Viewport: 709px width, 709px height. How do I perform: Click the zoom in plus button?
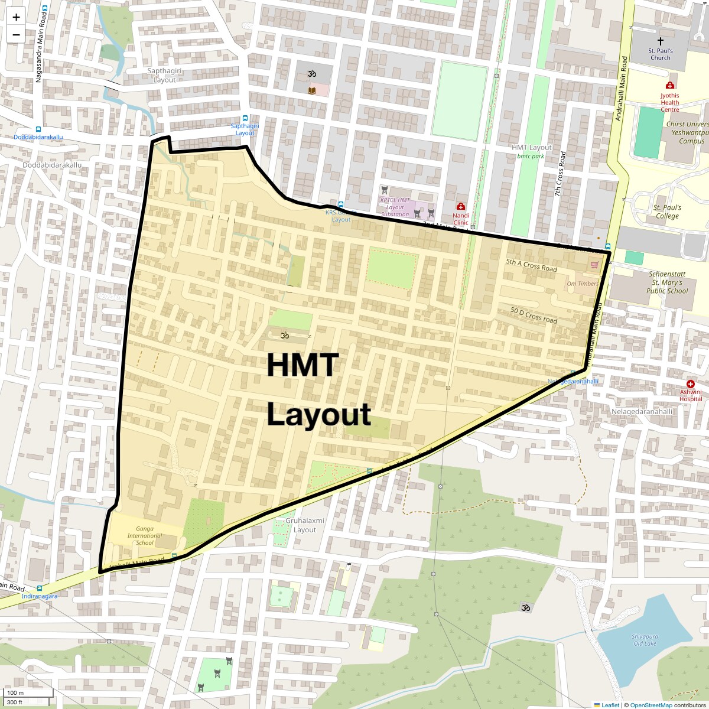16,17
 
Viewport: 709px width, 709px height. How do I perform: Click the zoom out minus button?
16,34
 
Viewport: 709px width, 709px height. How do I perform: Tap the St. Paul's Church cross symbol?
660,41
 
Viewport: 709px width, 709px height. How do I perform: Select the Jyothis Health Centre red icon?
670,85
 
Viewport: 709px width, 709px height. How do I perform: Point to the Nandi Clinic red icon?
460,207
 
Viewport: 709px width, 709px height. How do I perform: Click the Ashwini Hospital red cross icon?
690,384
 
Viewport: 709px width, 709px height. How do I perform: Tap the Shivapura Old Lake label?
645,640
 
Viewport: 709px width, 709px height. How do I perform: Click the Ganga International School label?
145,535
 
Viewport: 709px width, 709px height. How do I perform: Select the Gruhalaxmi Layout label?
305,525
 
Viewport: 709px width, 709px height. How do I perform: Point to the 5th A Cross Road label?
531,265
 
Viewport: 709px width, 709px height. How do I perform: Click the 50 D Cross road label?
534,315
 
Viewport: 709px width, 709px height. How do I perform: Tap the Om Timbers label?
583,284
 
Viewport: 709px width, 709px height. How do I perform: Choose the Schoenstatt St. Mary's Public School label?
668,282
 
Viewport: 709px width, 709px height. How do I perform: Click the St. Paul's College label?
667,212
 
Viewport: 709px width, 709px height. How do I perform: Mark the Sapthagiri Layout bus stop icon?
245,118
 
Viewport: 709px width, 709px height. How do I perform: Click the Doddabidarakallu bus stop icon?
39,129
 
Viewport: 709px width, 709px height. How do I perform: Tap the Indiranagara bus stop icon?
40,588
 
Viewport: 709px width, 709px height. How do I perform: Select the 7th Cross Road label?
560,174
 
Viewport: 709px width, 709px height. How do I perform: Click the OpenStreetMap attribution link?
651,705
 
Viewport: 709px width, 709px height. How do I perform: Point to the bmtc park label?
531,157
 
